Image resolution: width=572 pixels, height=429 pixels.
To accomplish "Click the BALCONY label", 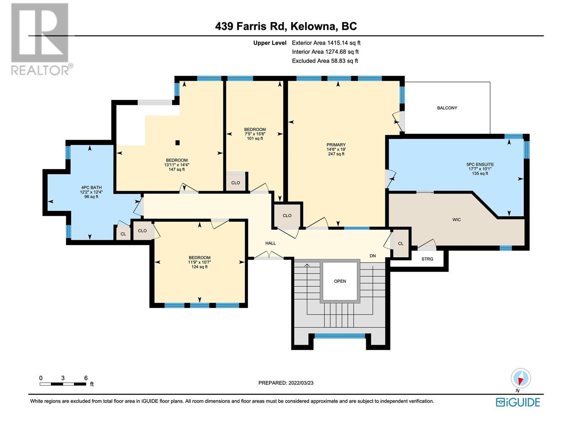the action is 447,108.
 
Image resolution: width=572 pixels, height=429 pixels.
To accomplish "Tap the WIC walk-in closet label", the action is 456,220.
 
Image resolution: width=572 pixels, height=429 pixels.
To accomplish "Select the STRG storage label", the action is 427,259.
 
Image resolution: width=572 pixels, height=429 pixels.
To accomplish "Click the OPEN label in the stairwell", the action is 340,281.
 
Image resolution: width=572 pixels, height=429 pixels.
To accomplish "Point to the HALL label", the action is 271,243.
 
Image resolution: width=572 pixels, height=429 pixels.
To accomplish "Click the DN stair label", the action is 373,256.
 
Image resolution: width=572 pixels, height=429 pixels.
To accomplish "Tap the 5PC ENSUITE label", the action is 480,164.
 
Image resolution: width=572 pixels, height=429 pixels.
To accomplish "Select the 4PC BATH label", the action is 91,187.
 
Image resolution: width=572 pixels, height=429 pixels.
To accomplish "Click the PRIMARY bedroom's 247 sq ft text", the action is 336,154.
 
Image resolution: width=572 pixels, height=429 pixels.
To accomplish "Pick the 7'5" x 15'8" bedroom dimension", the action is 255,134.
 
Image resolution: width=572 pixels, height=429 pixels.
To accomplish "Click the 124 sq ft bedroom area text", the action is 199,267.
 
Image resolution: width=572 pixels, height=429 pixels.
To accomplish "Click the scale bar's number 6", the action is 86,378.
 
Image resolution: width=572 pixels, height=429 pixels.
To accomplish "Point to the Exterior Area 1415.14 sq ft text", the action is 326,43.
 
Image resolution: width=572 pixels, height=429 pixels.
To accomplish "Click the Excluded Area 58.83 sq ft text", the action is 325,61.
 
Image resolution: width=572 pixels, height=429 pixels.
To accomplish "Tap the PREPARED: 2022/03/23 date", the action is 286,383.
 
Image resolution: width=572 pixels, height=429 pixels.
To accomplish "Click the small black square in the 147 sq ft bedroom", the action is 177,143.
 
